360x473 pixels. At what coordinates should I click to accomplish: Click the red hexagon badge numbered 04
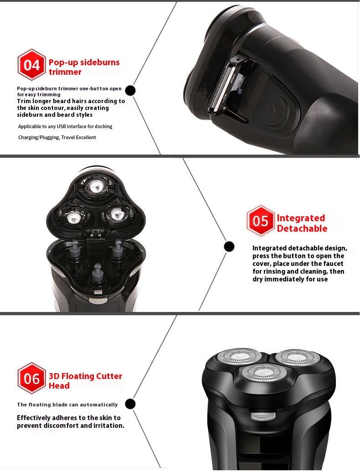pyautogui.click(x=31, y=65)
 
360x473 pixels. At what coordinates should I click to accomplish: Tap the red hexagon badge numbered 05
pyautogui.click(x=261, y=220)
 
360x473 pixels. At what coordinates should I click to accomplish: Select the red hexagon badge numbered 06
pyautogui.click(x=31, y=378)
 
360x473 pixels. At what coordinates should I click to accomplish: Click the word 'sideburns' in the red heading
pyautogui.click(x=99, y=62)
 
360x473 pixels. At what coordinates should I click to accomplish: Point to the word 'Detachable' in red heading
pyautogui.click(x=302, y=229)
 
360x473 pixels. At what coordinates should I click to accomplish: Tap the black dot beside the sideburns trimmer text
pyautogui.click(x=130, y=90)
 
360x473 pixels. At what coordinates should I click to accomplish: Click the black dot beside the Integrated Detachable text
pyautogui.click(x=229, y=246)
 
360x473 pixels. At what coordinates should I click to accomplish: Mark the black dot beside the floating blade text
pyautogui.click(x=130, y=404)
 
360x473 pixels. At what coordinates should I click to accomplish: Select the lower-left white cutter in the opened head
pyautogui.click(x=72, y=217)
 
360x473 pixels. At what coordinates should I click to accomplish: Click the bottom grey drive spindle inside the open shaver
pyautogui.click(x=97, y=272)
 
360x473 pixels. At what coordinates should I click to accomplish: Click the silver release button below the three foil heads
pyautogui.click(x=263, y=416)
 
